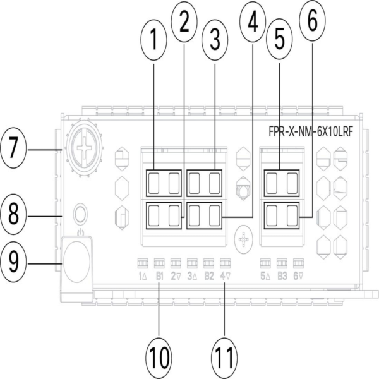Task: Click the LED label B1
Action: [159, 276]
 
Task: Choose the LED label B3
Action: [282, 276]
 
